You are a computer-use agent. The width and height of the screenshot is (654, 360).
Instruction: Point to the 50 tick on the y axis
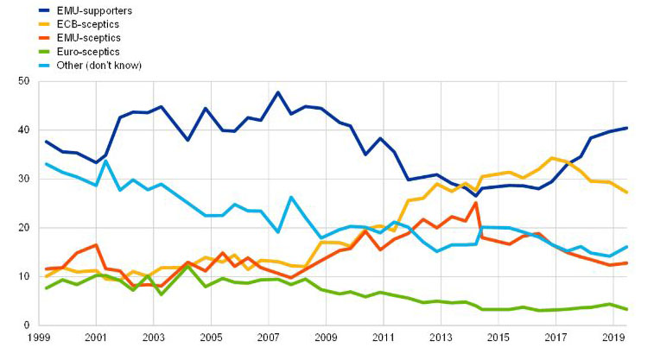click(x=24, y=81)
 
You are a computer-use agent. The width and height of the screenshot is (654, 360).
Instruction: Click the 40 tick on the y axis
click(x=24, y=130)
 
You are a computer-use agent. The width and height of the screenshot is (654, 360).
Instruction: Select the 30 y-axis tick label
click(x=24, y=180)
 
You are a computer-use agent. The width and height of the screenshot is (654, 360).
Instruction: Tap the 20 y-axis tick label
click(x=24, y=228)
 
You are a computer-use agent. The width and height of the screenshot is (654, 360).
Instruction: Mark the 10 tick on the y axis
click(x=24, y=277)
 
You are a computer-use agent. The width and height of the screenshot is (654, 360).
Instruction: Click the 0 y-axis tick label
click(x=28, y=325)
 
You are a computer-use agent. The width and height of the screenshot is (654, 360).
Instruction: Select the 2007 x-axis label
click(x=268, y=338)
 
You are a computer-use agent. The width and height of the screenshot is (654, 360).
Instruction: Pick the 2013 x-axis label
click(x=441, y=338)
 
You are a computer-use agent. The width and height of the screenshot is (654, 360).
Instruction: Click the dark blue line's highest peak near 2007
click(x=277, y=92)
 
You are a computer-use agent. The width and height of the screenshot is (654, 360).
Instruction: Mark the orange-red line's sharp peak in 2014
click(x=475, y=203)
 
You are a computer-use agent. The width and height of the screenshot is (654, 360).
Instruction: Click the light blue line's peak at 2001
click(x=105, y=161)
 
